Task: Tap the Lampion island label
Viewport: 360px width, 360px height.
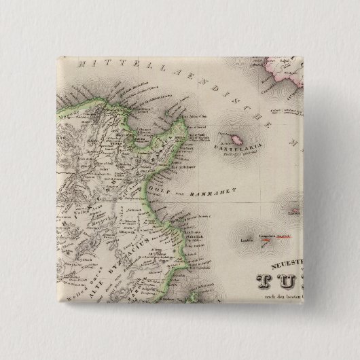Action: pos(247,238)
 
